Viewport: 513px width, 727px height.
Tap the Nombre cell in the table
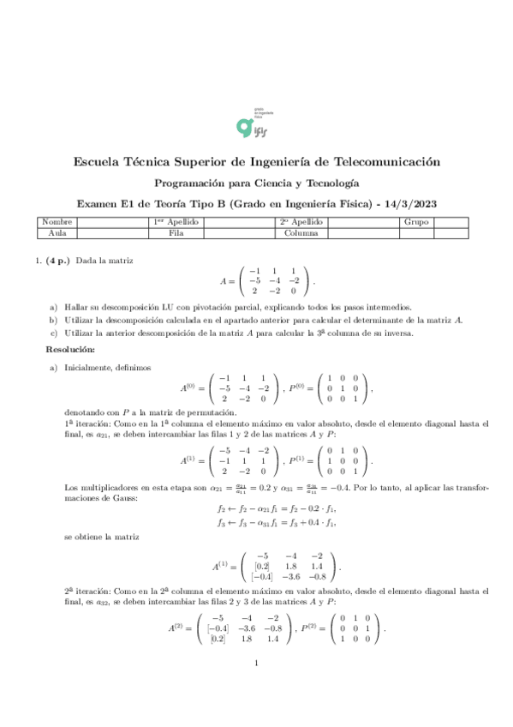point(57,222)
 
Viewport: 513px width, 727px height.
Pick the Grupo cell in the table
point(415,222)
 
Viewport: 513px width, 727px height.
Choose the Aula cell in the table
point(57,231)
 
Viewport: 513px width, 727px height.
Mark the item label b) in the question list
point(54,320)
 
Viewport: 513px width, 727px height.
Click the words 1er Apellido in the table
point(176,222)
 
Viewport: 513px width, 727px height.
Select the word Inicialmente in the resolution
point(89,366)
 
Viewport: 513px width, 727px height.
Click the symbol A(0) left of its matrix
point(191,387)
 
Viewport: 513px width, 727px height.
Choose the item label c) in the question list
point(54,333)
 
